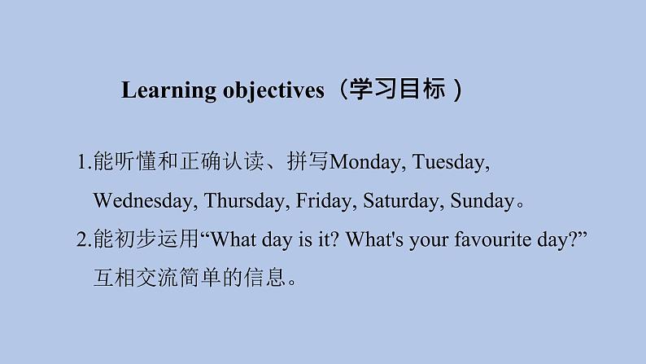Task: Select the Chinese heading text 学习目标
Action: (x=392, y=90)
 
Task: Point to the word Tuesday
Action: (x=451, y=162)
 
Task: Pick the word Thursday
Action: (x=244, y=200)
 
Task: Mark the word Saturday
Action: (x=401, y=200)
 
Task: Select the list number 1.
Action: (x=82, y=162)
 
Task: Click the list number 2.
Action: (x=82, y=239)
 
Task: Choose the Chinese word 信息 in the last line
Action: (x=268, y=278)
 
